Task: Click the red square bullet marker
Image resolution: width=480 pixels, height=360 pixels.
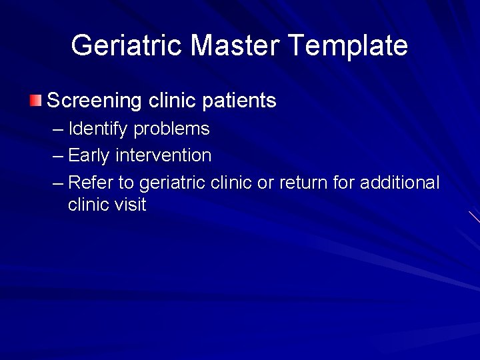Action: click(35, 101)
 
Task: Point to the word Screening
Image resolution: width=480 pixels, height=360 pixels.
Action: click(94, 101)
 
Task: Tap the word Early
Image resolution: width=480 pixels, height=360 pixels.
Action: click(89, 156)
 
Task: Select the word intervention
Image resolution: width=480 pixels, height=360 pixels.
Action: click(163, 156)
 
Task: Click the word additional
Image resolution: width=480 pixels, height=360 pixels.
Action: click(399, 183)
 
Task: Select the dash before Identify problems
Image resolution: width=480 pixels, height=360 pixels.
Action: click(57, 129)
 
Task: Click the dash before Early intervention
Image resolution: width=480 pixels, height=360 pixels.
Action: click(57, 156)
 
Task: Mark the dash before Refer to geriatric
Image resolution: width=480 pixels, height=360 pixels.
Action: click(57, 183)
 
